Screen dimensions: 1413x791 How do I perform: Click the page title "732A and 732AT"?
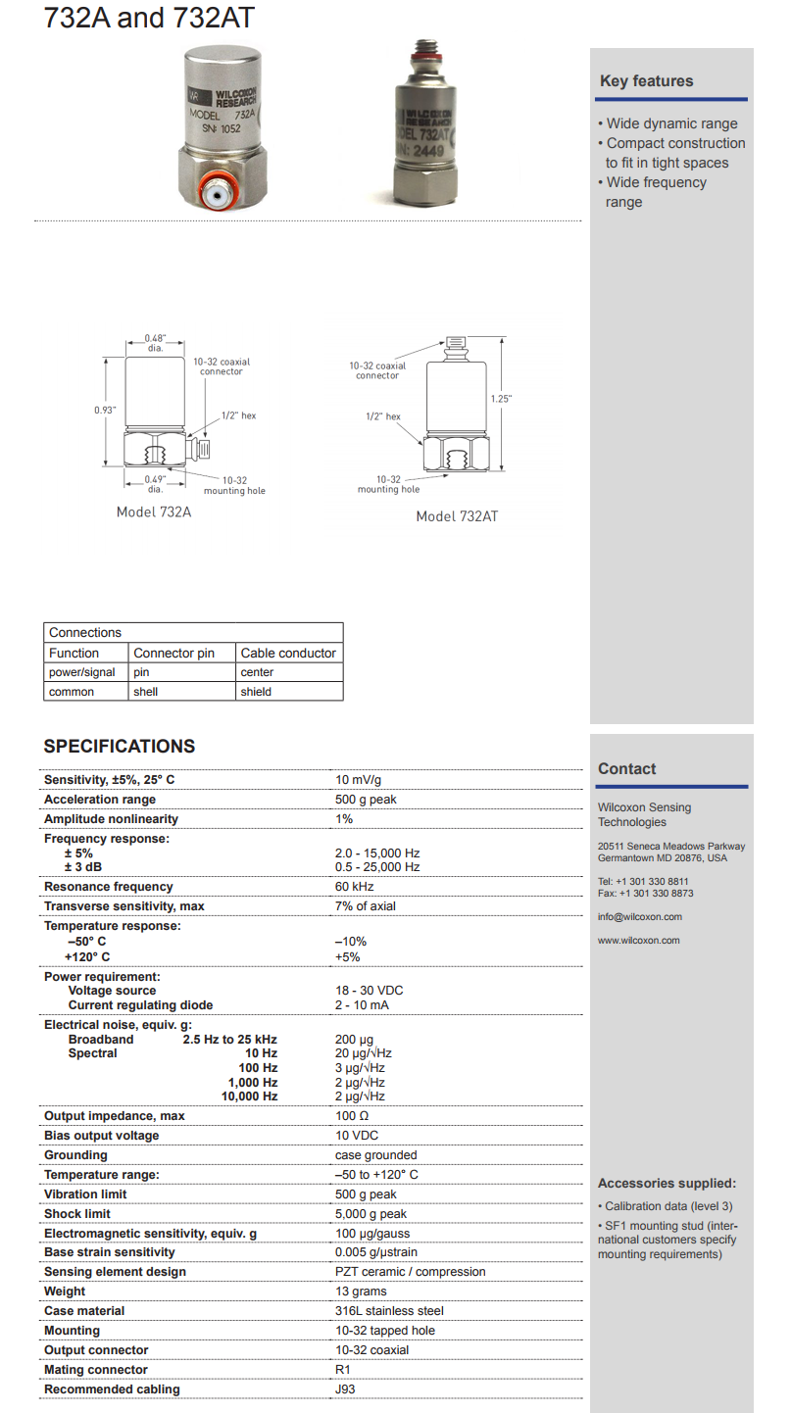pos(149,19)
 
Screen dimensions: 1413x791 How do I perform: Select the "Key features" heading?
pos(646,81)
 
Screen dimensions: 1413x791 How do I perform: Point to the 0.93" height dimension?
pos(104,410)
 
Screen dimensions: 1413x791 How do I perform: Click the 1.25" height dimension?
pos(501,399)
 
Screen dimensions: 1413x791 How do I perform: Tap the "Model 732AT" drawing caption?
pos(457,516)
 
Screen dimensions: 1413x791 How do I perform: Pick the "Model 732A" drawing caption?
pos(154,512)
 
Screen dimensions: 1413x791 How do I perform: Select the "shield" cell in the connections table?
pos(256,692)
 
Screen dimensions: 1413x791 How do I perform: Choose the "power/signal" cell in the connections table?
pos(82,672)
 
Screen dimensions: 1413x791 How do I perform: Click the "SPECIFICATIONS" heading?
pos(120,747)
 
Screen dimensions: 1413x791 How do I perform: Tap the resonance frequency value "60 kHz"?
pos(355,887)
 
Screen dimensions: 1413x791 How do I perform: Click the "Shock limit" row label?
pos(77,1214)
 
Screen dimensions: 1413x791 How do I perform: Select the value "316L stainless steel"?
pos(389,1311)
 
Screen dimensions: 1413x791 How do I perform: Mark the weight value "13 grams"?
pos(361,1291)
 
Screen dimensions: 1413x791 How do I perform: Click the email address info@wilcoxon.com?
pos(640,917)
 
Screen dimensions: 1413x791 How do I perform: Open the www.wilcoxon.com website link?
pos(638,941)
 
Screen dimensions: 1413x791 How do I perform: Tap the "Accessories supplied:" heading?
pos(667,1184)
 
